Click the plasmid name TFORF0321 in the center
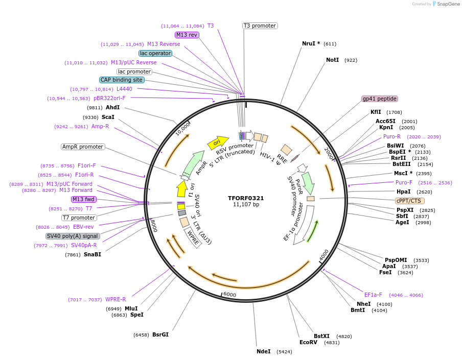(x=246, y=198)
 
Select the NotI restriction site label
(x=332, y=60)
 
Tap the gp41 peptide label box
(x=380, y=99)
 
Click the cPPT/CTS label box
(x=410, y=201)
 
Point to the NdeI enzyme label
(x=263, y=351)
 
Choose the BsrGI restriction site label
(x=160, y=335)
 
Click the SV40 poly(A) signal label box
(x=72, y=236)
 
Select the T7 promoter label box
(x=79, y=218)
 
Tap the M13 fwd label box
(x=83, y=199)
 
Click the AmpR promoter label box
(x=83, y=147)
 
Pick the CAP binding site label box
(x=122, y=80)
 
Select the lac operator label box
(x=155, y=53)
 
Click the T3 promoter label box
(x=260, y=26)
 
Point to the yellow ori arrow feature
(x=217, y=142)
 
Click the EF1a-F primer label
(x=373, y=295)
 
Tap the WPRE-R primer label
(x=115, y=299)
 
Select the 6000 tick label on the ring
(x=229, y=295)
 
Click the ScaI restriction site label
(x=108, y=117)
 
